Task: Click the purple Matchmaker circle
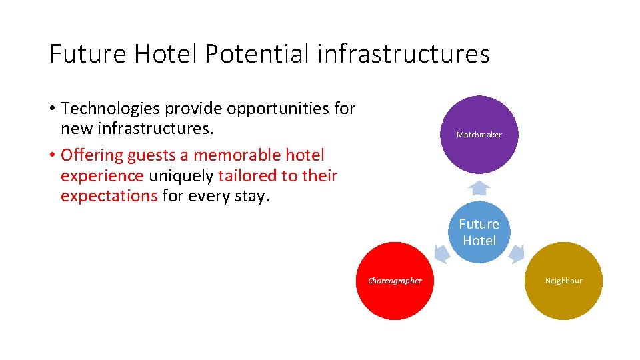coord(479,135)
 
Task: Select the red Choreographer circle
coord(395,281)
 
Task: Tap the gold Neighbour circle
coord(563,281)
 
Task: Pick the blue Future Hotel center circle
coord(479,232)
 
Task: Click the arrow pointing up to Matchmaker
coord(479,186)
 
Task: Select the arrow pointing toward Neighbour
coord(517,253)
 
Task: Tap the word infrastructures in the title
coord(403,54)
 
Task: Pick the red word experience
coord(102,176)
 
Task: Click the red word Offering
coord(91,155)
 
